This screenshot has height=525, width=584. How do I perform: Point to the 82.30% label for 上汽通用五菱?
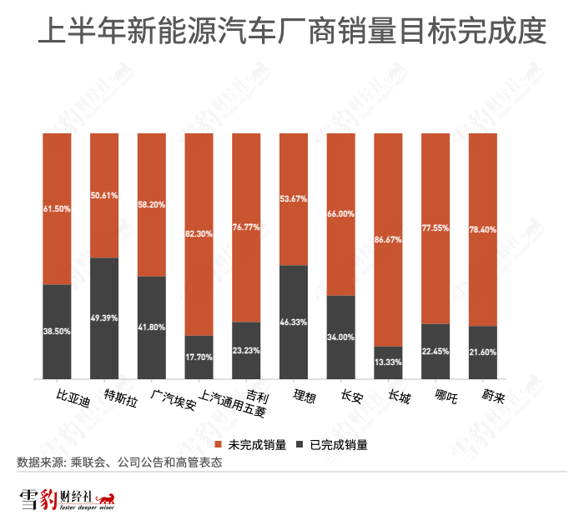[199, 235]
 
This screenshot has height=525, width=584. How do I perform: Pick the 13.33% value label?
[389, 361]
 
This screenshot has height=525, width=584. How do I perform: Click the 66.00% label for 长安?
[341, 214]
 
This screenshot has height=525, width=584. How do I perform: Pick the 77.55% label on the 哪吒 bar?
[435, 227]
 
